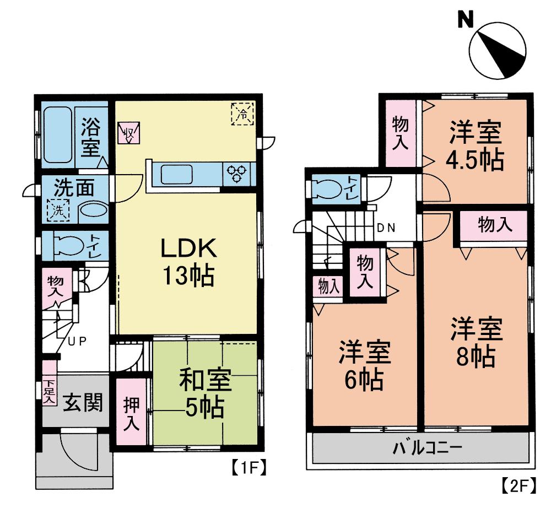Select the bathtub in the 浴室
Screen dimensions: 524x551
57,134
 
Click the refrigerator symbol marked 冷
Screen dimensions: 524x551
242,114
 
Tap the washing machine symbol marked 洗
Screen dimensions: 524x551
58,210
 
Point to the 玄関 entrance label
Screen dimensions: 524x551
82,404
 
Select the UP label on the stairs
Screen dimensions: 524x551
78,341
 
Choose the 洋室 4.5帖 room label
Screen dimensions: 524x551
474,145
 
